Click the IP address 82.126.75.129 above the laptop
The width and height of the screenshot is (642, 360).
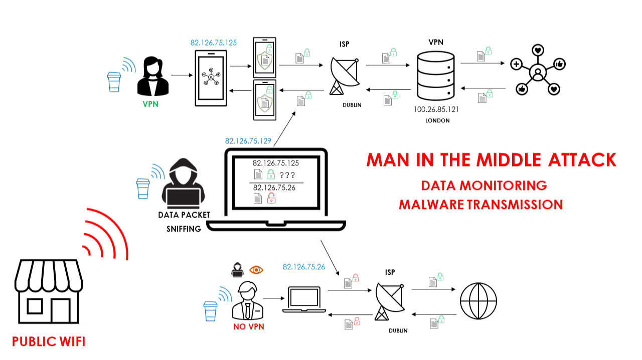(x=248, y=141)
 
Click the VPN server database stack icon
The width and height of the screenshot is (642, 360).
(x=435, y=76)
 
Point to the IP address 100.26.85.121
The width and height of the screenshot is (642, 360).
(x=436, y=109)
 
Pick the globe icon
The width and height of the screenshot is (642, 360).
(x=478, y=301)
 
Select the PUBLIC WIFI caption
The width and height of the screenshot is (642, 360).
(x=49, y=342)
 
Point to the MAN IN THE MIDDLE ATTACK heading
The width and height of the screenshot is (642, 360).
(x=491, y=159)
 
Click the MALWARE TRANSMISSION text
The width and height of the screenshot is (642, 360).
(x=480, y=205)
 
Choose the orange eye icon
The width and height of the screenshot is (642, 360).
(x=256, y=270)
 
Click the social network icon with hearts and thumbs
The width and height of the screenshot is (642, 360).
(x=538, y=71)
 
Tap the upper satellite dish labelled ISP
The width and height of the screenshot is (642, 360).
(x=344, y=75)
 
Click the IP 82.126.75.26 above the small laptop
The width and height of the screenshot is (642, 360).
(x=304, y=267)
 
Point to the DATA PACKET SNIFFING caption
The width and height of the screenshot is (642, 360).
(x=184, y=222)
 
